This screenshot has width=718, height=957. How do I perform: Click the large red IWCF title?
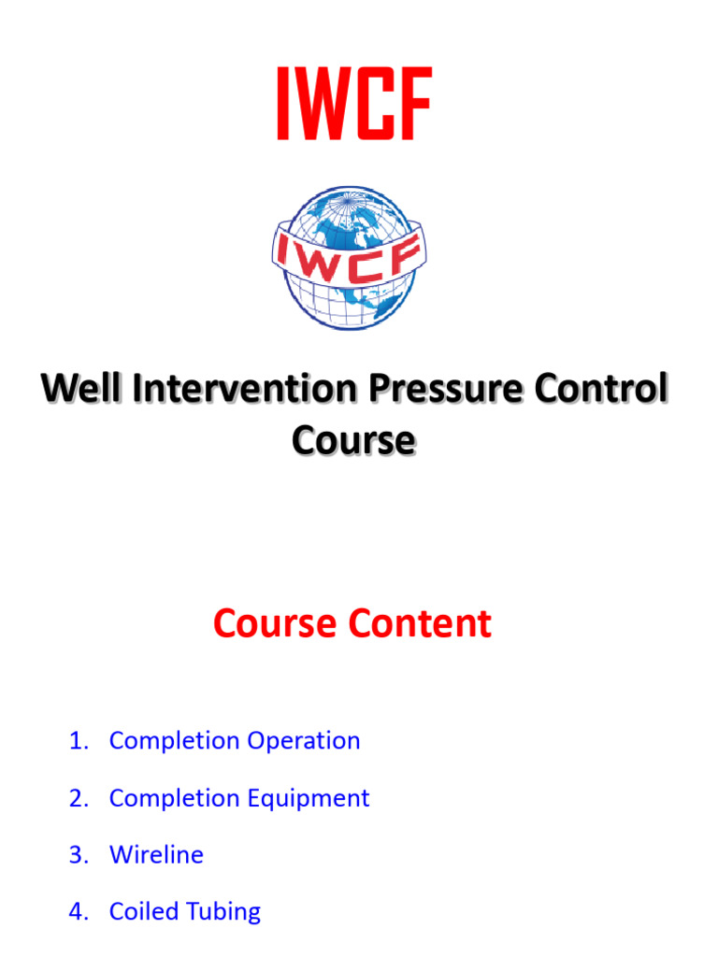352,105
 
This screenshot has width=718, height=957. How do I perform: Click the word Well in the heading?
79,390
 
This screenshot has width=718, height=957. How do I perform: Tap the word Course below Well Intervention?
352,440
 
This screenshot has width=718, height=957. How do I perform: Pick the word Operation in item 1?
304,740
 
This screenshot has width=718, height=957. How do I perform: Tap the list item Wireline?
156,854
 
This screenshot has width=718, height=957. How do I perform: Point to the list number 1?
78,740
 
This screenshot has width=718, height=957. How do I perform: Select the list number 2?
78,798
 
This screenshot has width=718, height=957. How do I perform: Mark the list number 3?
78,854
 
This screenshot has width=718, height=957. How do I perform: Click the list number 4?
78,911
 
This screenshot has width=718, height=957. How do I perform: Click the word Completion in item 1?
175,740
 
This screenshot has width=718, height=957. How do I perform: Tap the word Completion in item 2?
175,798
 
